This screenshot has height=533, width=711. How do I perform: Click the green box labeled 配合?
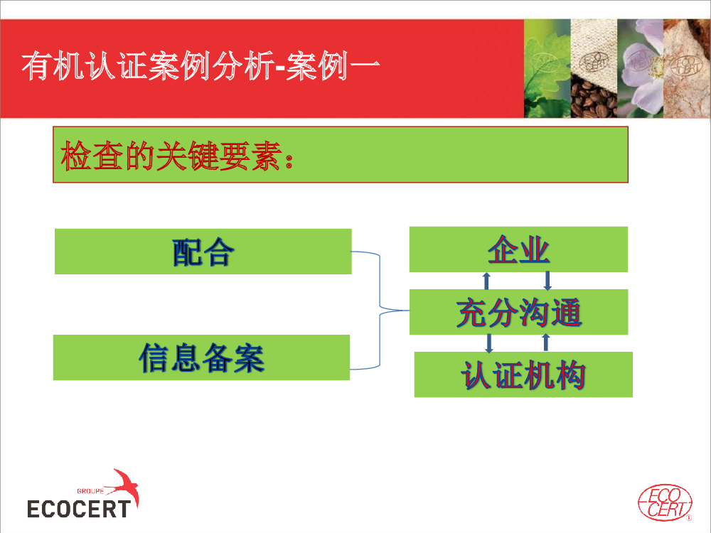click(x=203, y=252)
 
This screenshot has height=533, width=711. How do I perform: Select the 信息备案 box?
click(x=201, y=357)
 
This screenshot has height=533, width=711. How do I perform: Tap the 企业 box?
click(x=518, y=249)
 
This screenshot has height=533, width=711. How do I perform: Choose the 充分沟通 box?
click(x=518, y=312)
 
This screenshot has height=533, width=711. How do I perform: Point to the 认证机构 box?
click(x=523, y=375)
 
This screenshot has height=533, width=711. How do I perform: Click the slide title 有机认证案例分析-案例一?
click(x=201, y=66)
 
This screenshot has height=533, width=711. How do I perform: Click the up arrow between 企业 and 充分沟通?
click(x=486, y=281)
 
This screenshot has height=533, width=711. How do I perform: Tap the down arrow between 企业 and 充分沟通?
click(x=547, y=281)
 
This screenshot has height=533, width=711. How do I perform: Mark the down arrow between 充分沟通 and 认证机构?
click(x=489, y=343)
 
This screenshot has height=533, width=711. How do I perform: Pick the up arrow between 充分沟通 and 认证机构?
click(x=546, y=343)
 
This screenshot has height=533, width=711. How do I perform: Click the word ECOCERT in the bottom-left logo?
click(x=79, y=509)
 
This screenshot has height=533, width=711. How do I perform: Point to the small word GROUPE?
click(x=90, y=491)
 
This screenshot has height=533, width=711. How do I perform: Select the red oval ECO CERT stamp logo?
click(x=665, y=502)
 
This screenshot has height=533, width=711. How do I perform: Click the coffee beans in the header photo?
click(x=593, y=97)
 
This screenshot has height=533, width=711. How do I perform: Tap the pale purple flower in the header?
click(x=641, y=68)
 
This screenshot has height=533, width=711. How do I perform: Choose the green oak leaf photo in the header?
click(x=547, y=68)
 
